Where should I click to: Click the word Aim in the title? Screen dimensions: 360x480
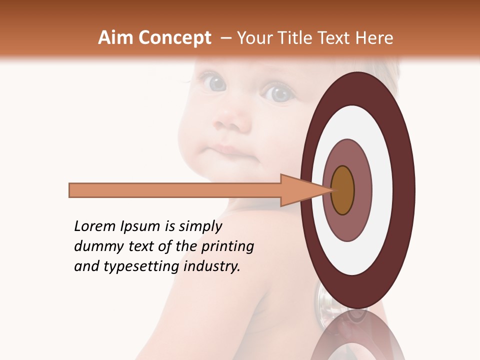(115, 38)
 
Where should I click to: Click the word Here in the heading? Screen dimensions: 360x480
(374, 38)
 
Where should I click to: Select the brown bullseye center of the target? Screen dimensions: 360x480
(343, 190)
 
